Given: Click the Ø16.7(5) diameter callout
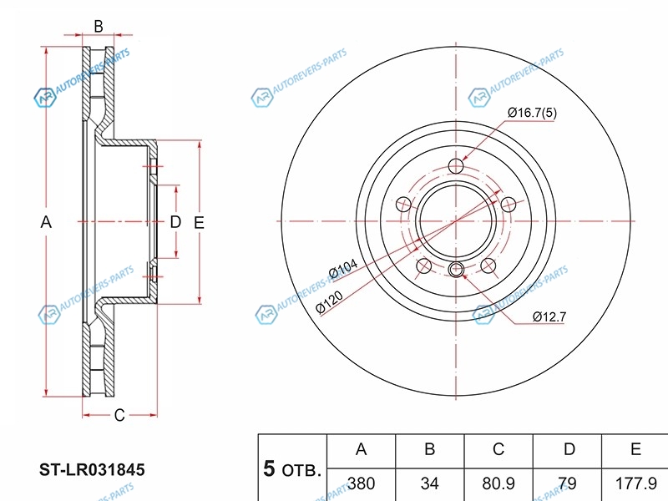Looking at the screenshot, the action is pyautogui.click(x=532, y=113).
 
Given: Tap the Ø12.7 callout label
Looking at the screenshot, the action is pyautogui.click(x=549, y=316).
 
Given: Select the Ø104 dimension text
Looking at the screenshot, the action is pyautogui.click(x=343, y=269).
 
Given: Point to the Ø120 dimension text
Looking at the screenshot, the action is pyautogui.click(x=329, y=301).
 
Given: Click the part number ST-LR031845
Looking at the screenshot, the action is pyautogui.click(x=92, y=469).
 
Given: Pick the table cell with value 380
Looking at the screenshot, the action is pyautogui.click(x=362, y=483).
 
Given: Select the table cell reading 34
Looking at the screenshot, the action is pyautogui.click(x=429, y=483).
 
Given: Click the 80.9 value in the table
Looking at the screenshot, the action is pyautogui.click(x=498, y=483).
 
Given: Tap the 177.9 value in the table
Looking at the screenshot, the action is pyautogui.click(x=636, y=483).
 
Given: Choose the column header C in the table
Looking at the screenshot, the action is pyautogui.click(x=498, y=449).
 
